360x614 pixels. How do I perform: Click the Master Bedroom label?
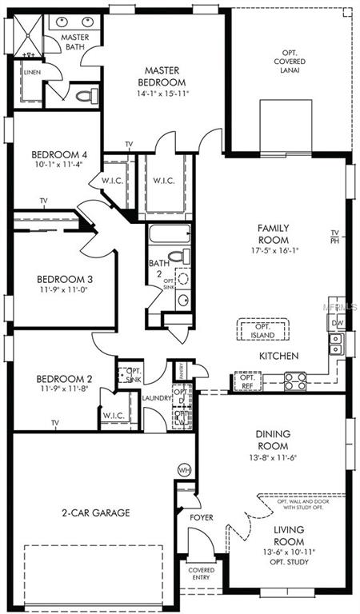point(164,76)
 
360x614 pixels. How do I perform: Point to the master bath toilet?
point(83,97)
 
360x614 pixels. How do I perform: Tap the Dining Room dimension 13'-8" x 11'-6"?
point(273,457)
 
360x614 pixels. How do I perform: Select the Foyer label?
point(202,517)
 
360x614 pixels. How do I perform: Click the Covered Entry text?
point(201,574)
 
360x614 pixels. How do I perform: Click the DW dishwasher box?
point(337,323)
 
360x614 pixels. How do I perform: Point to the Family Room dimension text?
point(273,249)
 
